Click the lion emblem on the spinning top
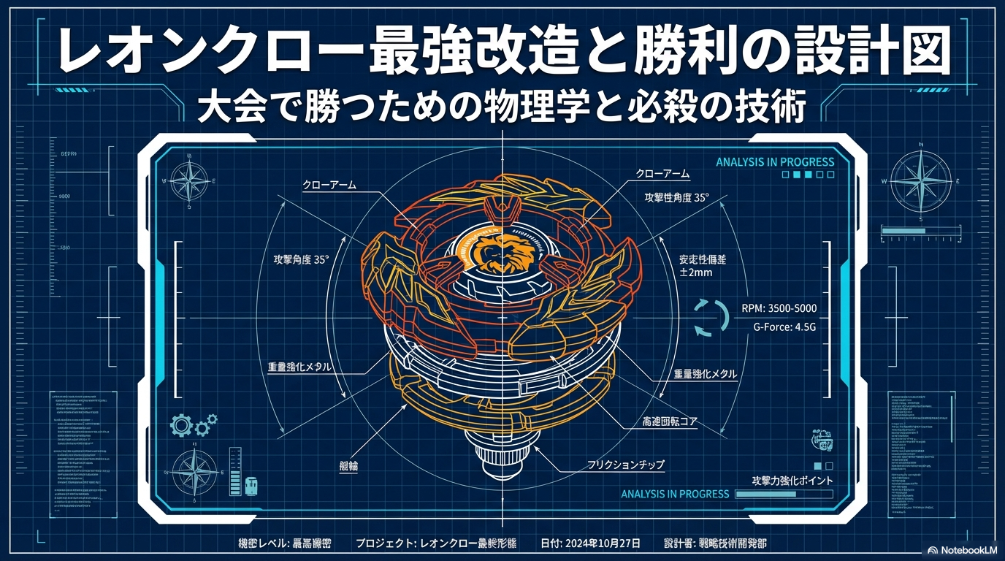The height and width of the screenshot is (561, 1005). pos(502,251)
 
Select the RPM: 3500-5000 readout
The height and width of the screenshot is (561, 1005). pos(779,308)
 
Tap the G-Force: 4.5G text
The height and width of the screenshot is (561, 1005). pos(784,328)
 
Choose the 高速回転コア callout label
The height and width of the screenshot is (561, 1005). pos(659,422)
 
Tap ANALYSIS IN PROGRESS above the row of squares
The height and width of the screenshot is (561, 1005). pos(775,161)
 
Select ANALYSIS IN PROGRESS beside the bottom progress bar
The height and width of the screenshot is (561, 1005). pos(675,494)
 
